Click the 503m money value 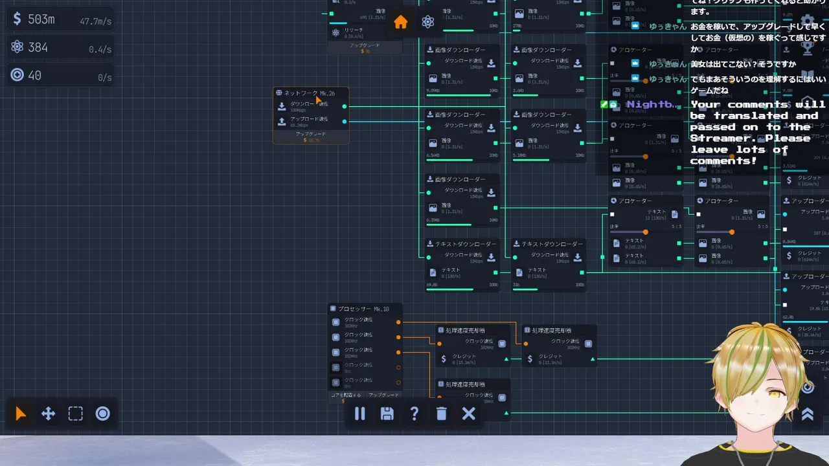[x=41, y=19]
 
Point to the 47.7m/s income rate [x=95, y=21]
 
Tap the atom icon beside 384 [x=17, y=47]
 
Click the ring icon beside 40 [x=17, y=75]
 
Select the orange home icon [x=401, y=22]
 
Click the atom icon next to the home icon [x=427, y=22]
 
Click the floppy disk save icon [x=387, y=414]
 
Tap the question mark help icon [x=414, y=414]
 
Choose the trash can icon [x=442, y=414]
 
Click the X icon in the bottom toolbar [x=469, y=414]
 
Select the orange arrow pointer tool [x=21, y=414]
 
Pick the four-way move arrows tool [x=49, y=414]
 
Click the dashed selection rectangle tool [x=76, y=414]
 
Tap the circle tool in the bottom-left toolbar [x=103, y=414]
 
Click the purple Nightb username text [x=652, y=104]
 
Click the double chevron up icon [x=808, y=415]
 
